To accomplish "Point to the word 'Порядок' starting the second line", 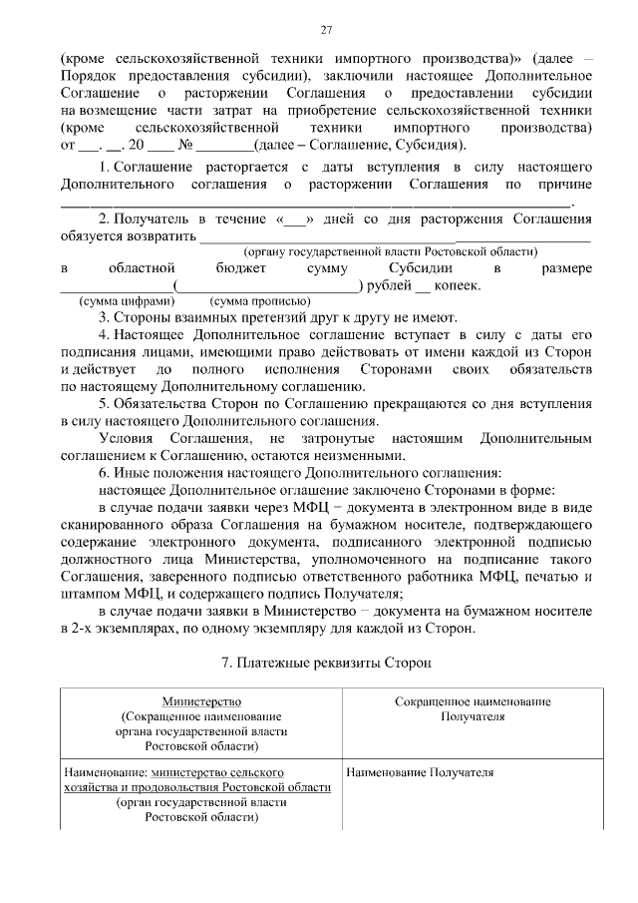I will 89,75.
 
